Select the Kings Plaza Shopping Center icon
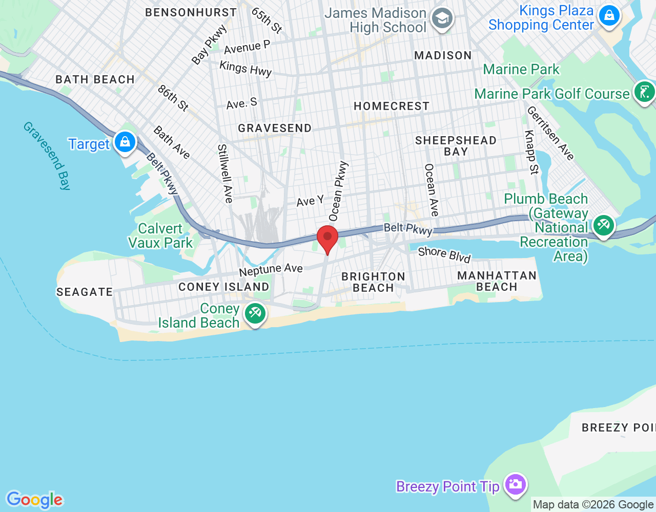[609, 15]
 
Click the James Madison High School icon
[442, 19]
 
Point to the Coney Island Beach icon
[255, 313]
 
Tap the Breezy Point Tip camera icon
[515, 484]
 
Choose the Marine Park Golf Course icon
[644, 92]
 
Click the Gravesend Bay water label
[47, 155]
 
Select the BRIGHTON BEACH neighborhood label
[373, 282]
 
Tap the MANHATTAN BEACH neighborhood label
[497, 281]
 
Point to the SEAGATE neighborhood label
[85, 292]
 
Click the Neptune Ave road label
[271, 269]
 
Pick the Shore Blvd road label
[444, 254]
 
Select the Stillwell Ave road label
[225, 173]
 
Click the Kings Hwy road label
[245, 68]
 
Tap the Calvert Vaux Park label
[160, 236]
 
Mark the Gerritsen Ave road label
[550, 133]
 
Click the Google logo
[35, 500]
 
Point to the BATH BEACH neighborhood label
[95, 79]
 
